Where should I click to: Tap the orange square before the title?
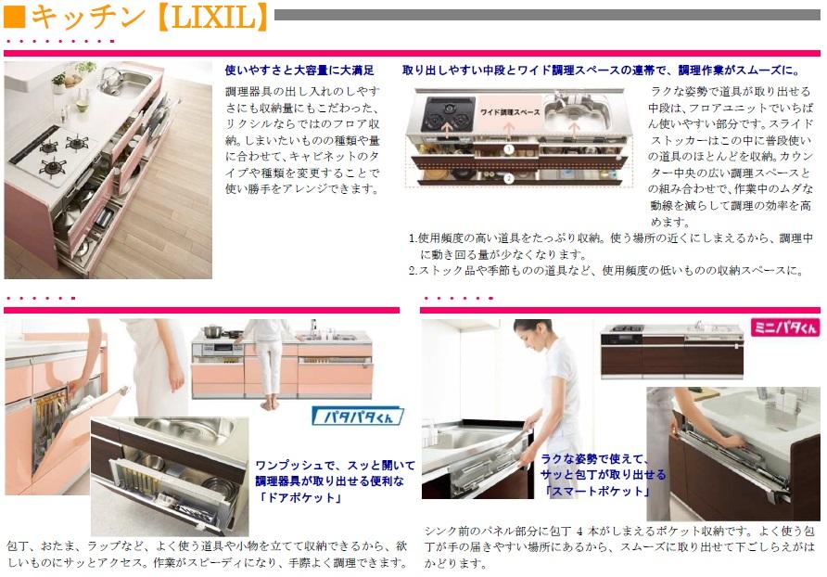point(15,18)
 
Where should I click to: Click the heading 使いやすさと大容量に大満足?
point(299,70)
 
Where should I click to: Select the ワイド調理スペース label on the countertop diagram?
point(509,111)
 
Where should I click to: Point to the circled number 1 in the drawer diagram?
point(509,148)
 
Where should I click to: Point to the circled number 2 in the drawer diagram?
point(509,176)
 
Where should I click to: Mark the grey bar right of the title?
point(547,15)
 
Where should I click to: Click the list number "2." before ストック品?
point(413,270)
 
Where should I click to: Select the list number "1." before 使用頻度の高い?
point(413,238)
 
